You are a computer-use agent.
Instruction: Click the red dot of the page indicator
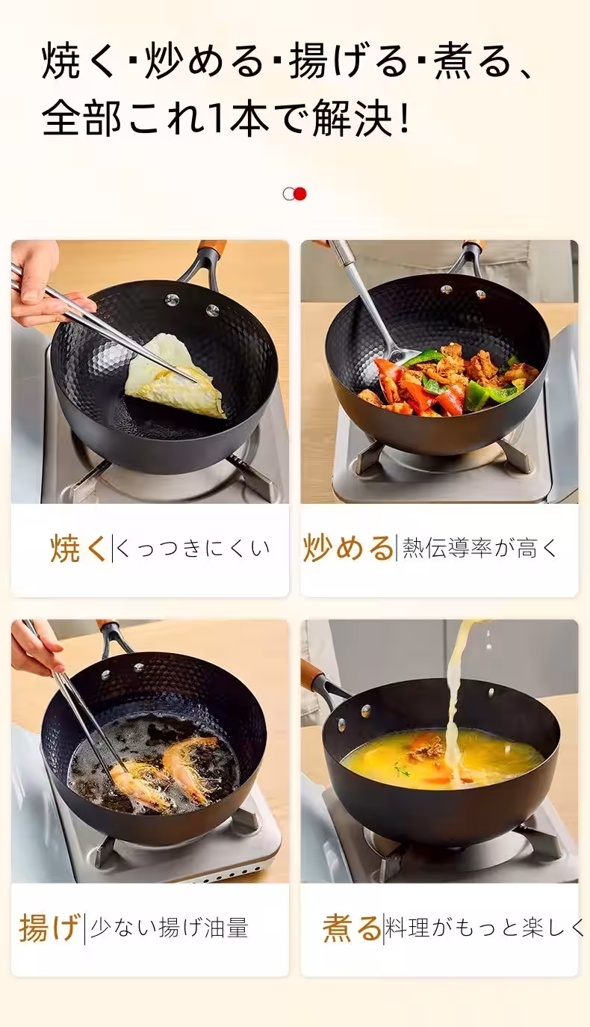click(x=300, y=194)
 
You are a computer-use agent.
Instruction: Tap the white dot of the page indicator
click(x=289, y=194)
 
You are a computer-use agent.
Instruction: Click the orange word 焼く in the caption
click(x=78, y=549)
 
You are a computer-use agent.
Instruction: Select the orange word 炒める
click(x=348, y=548)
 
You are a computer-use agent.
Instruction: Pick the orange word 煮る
click(x=352, y=928)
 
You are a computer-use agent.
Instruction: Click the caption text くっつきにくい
click(x=193, y=549)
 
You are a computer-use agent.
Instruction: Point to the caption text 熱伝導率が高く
click(x=480, y=548)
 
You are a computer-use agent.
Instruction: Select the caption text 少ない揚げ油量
click(x=169, y=928)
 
